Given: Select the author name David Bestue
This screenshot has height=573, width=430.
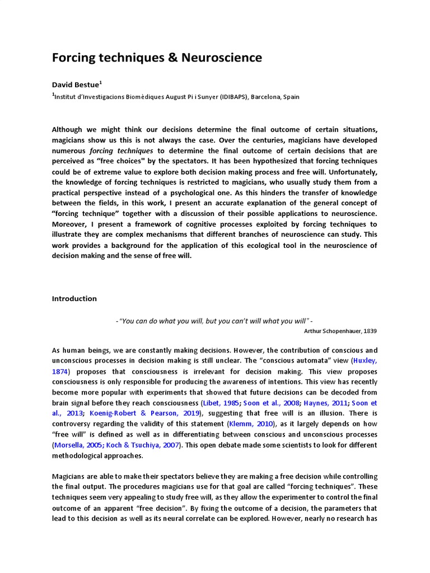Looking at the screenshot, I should click(x=75, y=85).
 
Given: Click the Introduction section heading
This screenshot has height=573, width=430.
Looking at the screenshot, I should click(x=74, y=298).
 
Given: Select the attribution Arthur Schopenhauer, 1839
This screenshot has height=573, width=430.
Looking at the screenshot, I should click(x=340, y=331).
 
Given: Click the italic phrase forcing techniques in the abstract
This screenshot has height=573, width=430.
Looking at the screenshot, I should click(x=121, y=151).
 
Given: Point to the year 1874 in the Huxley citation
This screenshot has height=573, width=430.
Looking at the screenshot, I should click(x=60, y=371).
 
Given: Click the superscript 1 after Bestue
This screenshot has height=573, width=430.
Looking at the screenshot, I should click(x=100, y=83).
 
